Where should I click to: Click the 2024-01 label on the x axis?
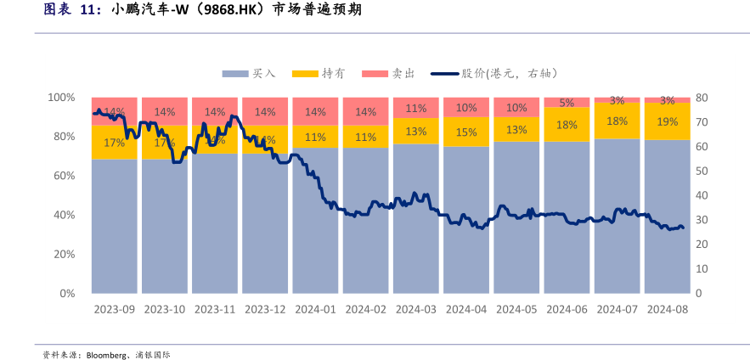315,310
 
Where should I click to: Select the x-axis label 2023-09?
115,310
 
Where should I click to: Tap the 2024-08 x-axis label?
667,310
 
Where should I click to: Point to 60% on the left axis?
65,176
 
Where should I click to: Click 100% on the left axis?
61,98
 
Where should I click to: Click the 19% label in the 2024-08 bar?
667,121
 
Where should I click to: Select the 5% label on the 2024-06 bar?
567,103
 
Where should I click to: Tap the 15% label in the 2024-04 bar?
466,132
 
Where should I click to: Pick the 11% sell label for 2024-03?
416,108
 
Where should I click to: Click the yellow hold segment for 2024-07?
617,121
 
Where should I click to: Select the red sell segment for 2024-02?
365,111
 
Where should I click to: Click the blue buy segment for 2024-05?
516,217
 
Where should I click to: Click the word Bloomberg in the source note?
106,354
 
